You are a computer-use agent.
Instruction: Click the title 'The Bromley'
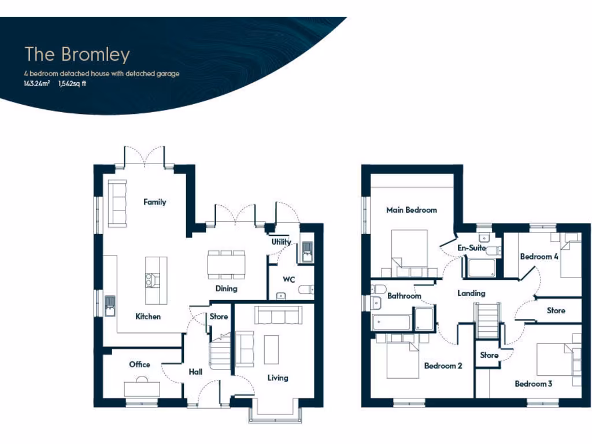click(77, 54)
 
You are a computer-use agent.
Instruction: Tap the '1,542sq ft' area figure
click(72, 83)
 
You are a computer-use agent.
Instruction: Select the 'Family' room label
click(155, 202)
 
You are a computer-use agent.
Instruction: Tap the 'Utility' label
click(282, 242)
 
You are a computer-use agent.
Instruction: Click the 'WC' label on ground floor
click(289, 279)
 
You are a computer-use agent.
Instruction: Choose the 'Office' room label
click(139, 364)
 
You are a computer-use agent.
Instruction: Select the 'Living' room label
click(277, 378)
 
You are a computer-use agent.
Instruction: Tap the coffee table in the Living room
click(272, 349)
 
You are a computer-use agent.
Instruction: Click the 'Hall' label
click(195, 372)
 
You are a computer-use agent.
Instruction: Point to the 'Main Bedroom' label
click(412, 210)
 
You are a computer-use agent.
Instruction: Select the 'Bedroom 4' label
click(539, 256)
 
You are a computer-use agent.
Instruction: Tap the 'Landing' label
click(471, 293)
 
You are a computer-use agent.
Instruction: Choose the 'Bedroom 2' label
click(443, 365)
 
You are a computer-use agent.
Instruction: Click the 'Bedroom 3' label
click(534, 383)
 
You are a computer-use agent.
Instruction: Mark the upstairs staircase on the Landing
click(486, 320)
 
